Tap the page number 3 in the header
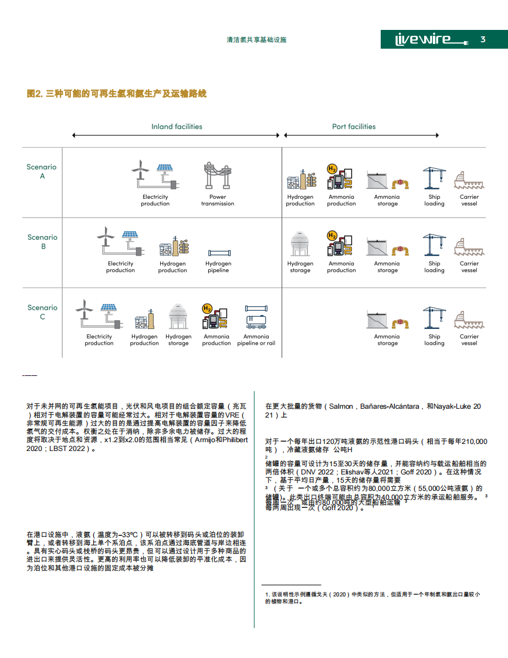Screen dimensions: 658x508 coord(483,39)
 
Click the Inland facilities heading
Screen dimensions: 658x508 coord(177,127)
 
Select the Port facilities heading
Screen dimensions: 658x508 coord(354,127)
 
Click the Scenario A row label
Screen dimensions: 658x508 coord(42,171)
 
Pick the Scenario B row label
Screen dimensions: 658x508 coord(42,242)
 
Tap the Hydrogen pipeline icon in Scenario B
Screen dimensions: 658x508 coord(218,253)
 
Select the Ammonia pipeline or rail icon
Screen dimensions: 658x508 coord(256,318)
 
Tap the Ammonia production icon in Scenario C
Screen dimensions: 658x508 coord(216,317)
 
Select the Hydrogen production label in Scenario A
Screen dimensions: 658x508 coord(300,201)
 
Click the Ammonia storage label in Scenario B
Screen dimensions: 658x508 coord(387,267)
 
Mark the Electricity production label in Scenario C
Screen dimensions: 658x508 coord(99,340)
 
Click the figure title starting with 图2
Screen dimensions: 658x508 coord(117,94)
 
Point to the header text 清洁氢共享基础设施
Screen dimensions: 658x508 coord(256,40)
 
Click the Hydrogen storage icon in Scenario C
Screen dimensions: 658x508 coord(178,317)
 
